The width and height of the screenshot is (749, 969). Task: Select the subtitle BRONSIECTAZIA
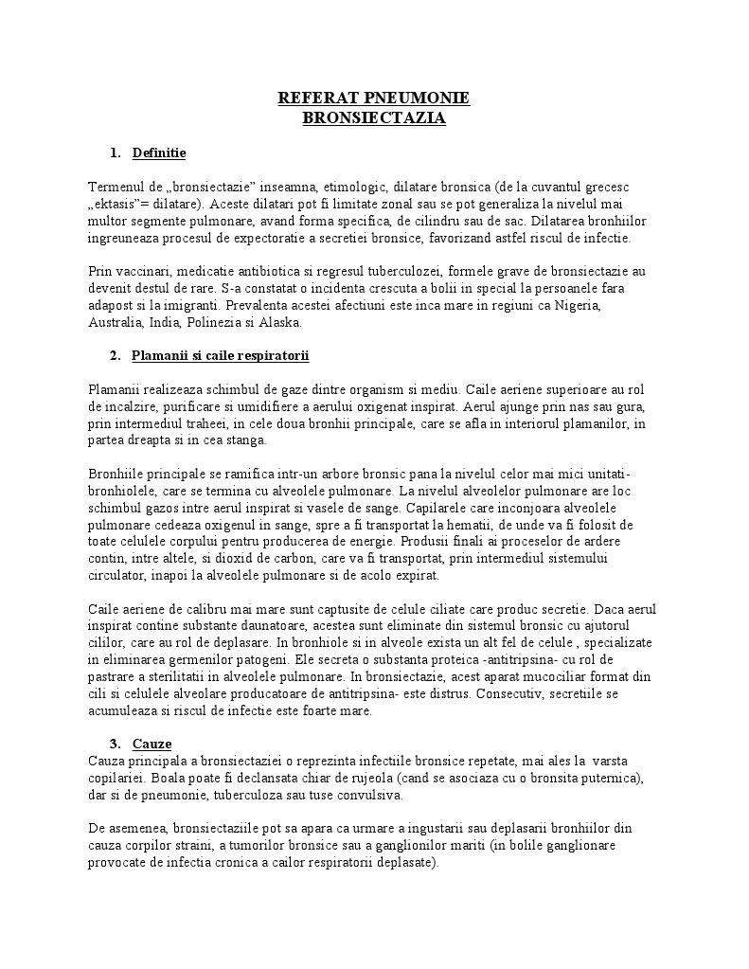click(373, 118)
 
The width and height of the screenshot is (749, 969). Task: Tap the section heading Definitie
click(159, 153)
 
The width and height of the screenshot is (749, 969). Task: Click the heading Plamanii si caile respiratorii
click(221, 355)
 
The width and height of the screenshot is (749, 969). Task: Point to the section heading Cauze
click(152, 744)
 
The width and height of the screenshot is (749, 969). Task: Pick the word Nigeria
click(570, 306)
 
